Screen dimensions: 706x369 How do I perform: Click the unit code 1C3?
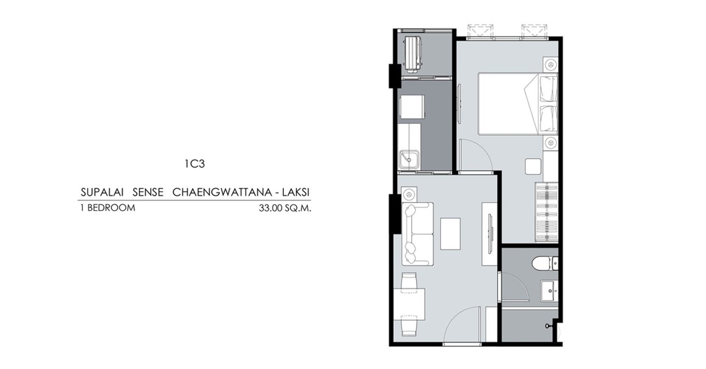[195, 163]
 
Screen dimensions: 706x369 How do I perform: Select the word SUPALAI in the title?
[102, 192]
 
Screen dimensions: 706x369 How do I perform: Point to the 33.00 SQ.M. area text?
[285, 208]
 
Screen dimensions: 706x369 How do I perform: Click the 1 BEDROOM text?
[108, 208]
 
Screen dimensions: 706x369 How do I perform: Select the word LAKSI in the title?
[296, 192]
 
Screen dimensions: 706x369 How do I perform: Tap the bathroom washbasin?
[549, 290]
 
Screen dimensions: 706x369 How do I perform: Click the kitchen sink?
[409, 160]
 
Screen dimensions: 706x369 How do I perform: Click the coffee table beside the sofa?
[450, 234]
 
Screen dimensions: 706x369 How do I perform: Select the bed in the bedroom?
[518, 104]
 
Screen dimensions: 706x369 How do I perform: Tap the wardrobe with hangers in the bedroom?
[546, 212]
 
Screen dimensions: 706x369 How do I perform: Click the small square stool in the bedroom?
[533, 167]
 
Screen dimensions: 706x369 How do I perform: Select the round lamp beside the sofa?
[409, 194]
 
